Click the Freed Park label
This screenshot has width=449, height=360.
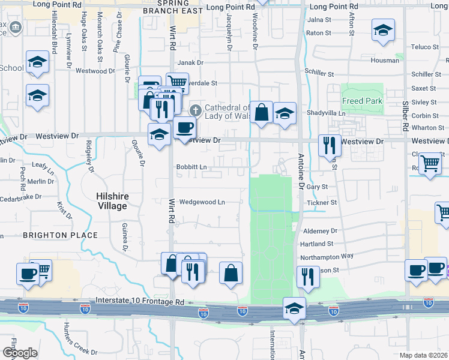tap(362, 101)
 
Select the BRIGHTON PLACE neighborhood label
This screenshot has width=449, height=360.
tap(51, 235)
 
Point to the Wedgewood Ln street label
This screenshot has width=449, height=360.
tap(202, 202)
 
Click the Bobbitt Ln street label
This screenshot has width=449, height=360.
tap(191, 167)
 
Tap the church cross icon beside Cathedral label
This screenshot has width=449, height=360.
tap(195, 110)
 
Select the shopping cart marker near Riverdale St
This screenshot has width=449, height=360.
tap(177, 82)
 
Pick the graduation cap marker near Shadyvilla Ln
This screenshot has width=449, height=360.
tap(284, 113)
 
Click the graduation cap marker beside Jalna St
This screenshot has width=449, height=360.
tap(382, 30)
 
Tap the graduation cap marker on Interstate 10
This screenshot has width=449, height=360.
tap(294, 309)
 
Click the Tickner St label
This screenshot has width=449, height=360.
tap(322, 203)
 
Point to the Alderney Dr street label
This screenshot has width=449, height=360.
tap(321, 231)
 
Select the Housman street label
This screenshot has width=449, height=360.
tap(385, 61)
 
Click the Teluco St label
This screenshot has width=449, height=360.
tap(425, 47)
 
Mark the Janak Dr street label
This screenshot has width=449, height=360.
tap(189, 62)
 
